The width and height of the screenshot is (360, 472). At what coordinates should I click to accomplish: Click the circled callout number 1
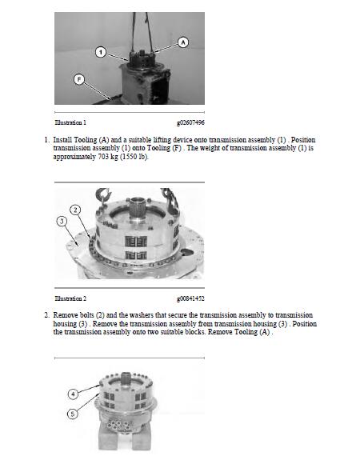pyautogui.click(x=101, y=52)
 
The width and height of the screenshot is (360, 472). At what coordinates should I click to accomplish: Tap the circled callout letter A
pyautogui.click(x=183, y=41)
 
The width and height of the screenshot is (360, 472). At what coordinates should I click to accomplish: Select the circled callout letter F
pyautogui.click(x=79, y=78)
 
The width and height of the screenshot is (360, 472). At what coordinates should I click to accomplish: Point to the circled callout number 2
pyautogui.click(x=75, y=210)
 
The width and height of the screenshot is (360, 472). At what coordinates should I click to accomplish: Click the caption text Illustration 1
pyautogui.click(x=70, y=122)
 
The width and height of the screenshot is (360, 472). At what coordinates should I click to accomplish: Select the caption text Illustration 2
pyautogui.click(x=70, y=298)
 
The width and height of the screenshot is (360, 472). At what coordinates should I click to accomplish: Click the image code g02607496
pyautogui.click(x=190, y=122)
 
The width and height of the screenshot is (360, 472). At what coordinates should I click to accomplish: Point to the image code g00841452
pyautogui.click(x=190, y=298)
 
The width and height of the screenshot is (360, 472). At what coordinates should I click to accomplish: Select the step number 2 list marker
pyautogui.click(x=46, y=315)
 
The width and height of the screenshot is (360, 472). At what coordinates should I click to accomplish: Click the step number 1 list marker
pyautogui.click(x=46, y=140)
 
